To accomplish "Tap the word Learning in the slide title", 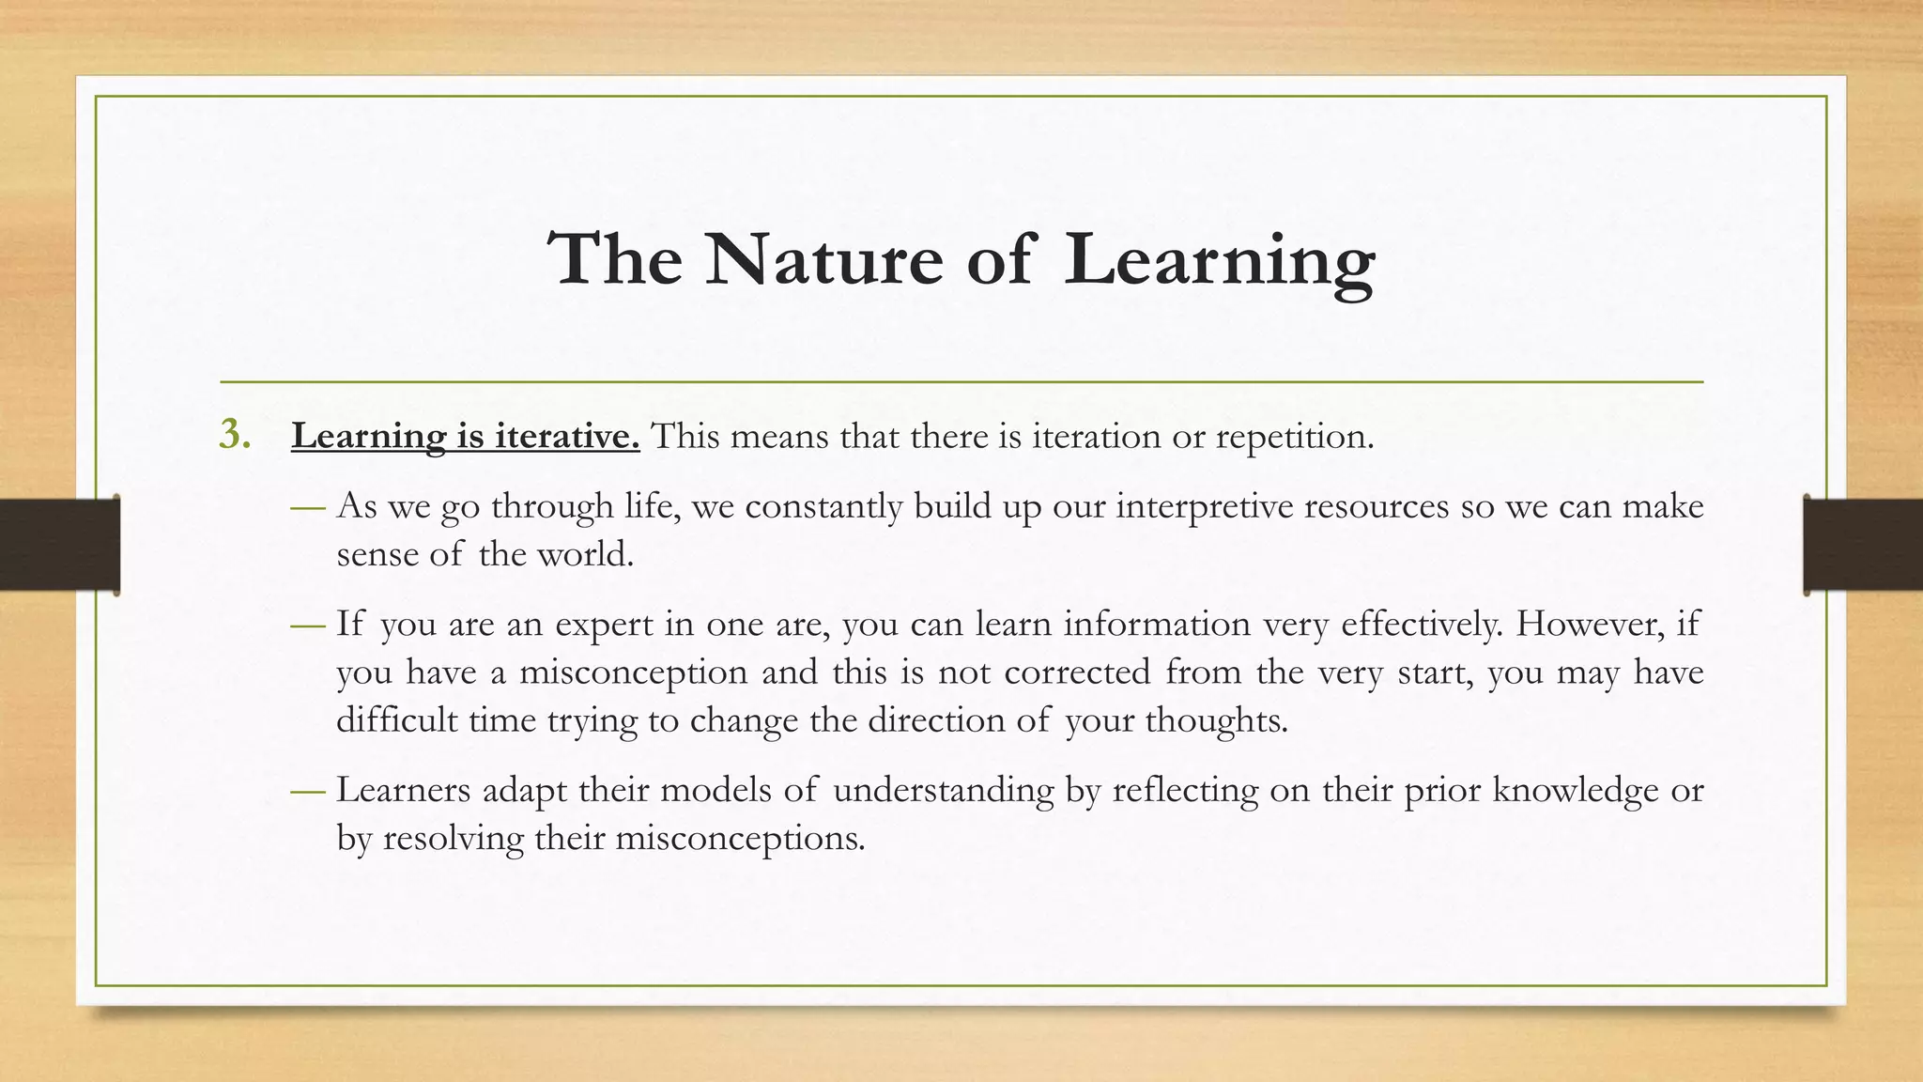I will coord(1220,260).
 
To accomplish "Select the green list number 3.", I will coord(234,435).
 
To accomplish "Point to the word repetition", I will coord(1294,436).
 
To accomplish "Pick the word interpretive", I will coord(1203,506).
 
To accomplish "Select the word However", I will coord(1584,624).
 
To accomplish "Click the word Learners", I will coord(404,790).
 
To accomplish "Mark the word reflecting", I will coord(1185,791).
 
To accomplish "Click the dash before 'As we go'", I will coord(307,507).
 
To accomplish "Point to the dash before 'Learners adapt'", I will coord(307,791).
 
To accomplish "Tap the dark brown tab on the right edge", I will coord(1863,545).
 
